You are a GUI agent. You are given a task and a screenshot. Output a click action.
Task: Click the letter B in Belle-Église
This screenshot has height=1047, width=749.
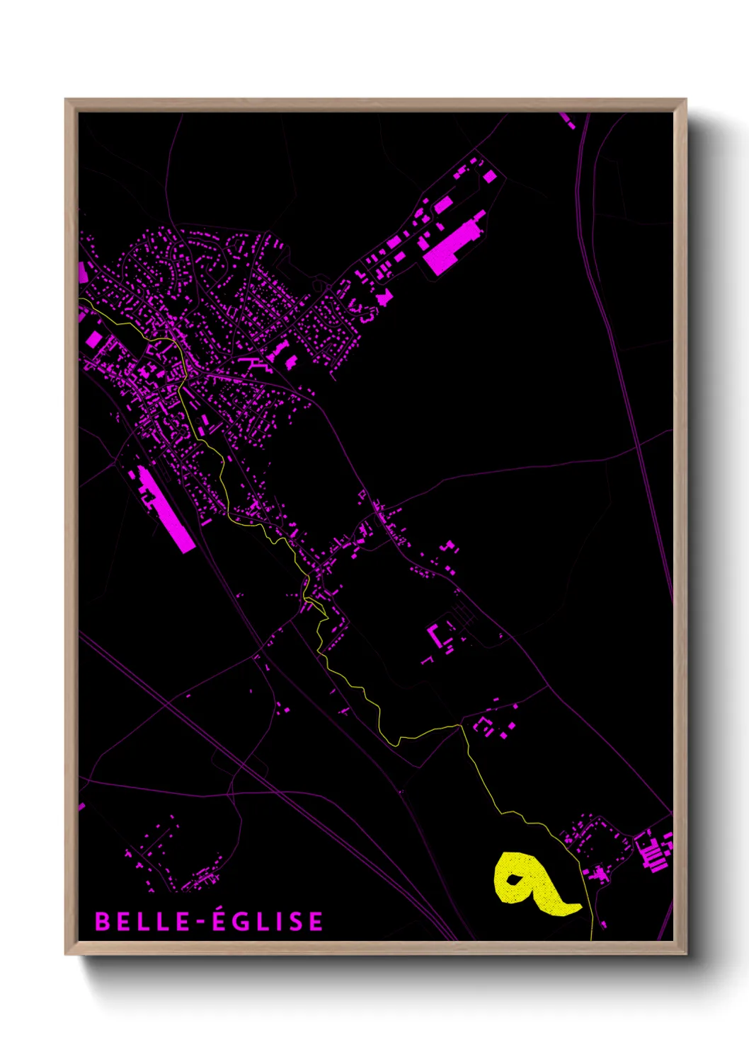(102, 921)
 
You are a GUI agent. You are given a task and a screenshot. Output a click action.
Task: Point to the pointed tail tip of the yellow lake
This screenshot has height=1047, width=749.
(581, 906)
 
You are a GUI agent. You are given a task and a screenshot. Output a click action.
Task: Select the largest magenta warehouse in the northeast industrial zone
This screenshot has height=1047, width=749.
(453, 244)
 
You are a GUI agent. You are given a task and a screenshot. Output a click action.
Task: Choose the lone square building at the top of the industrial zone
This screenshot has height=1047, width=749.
(490, 175)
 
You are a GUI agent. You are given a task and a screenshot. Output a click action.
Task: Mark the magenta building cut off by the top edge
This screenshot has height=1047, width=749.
(568, 120)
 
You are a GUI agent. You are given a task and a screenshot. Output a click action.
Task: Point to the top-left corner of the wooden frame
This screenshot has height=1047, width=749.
(66, 100)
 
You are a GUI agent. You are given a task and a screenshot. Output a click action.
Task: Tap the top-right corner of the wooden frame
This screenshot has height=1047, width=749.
(686, 100)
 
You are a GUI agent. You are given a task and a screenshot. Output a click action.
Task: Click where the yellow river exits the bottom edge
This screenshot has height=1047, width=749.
(592, 939)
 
